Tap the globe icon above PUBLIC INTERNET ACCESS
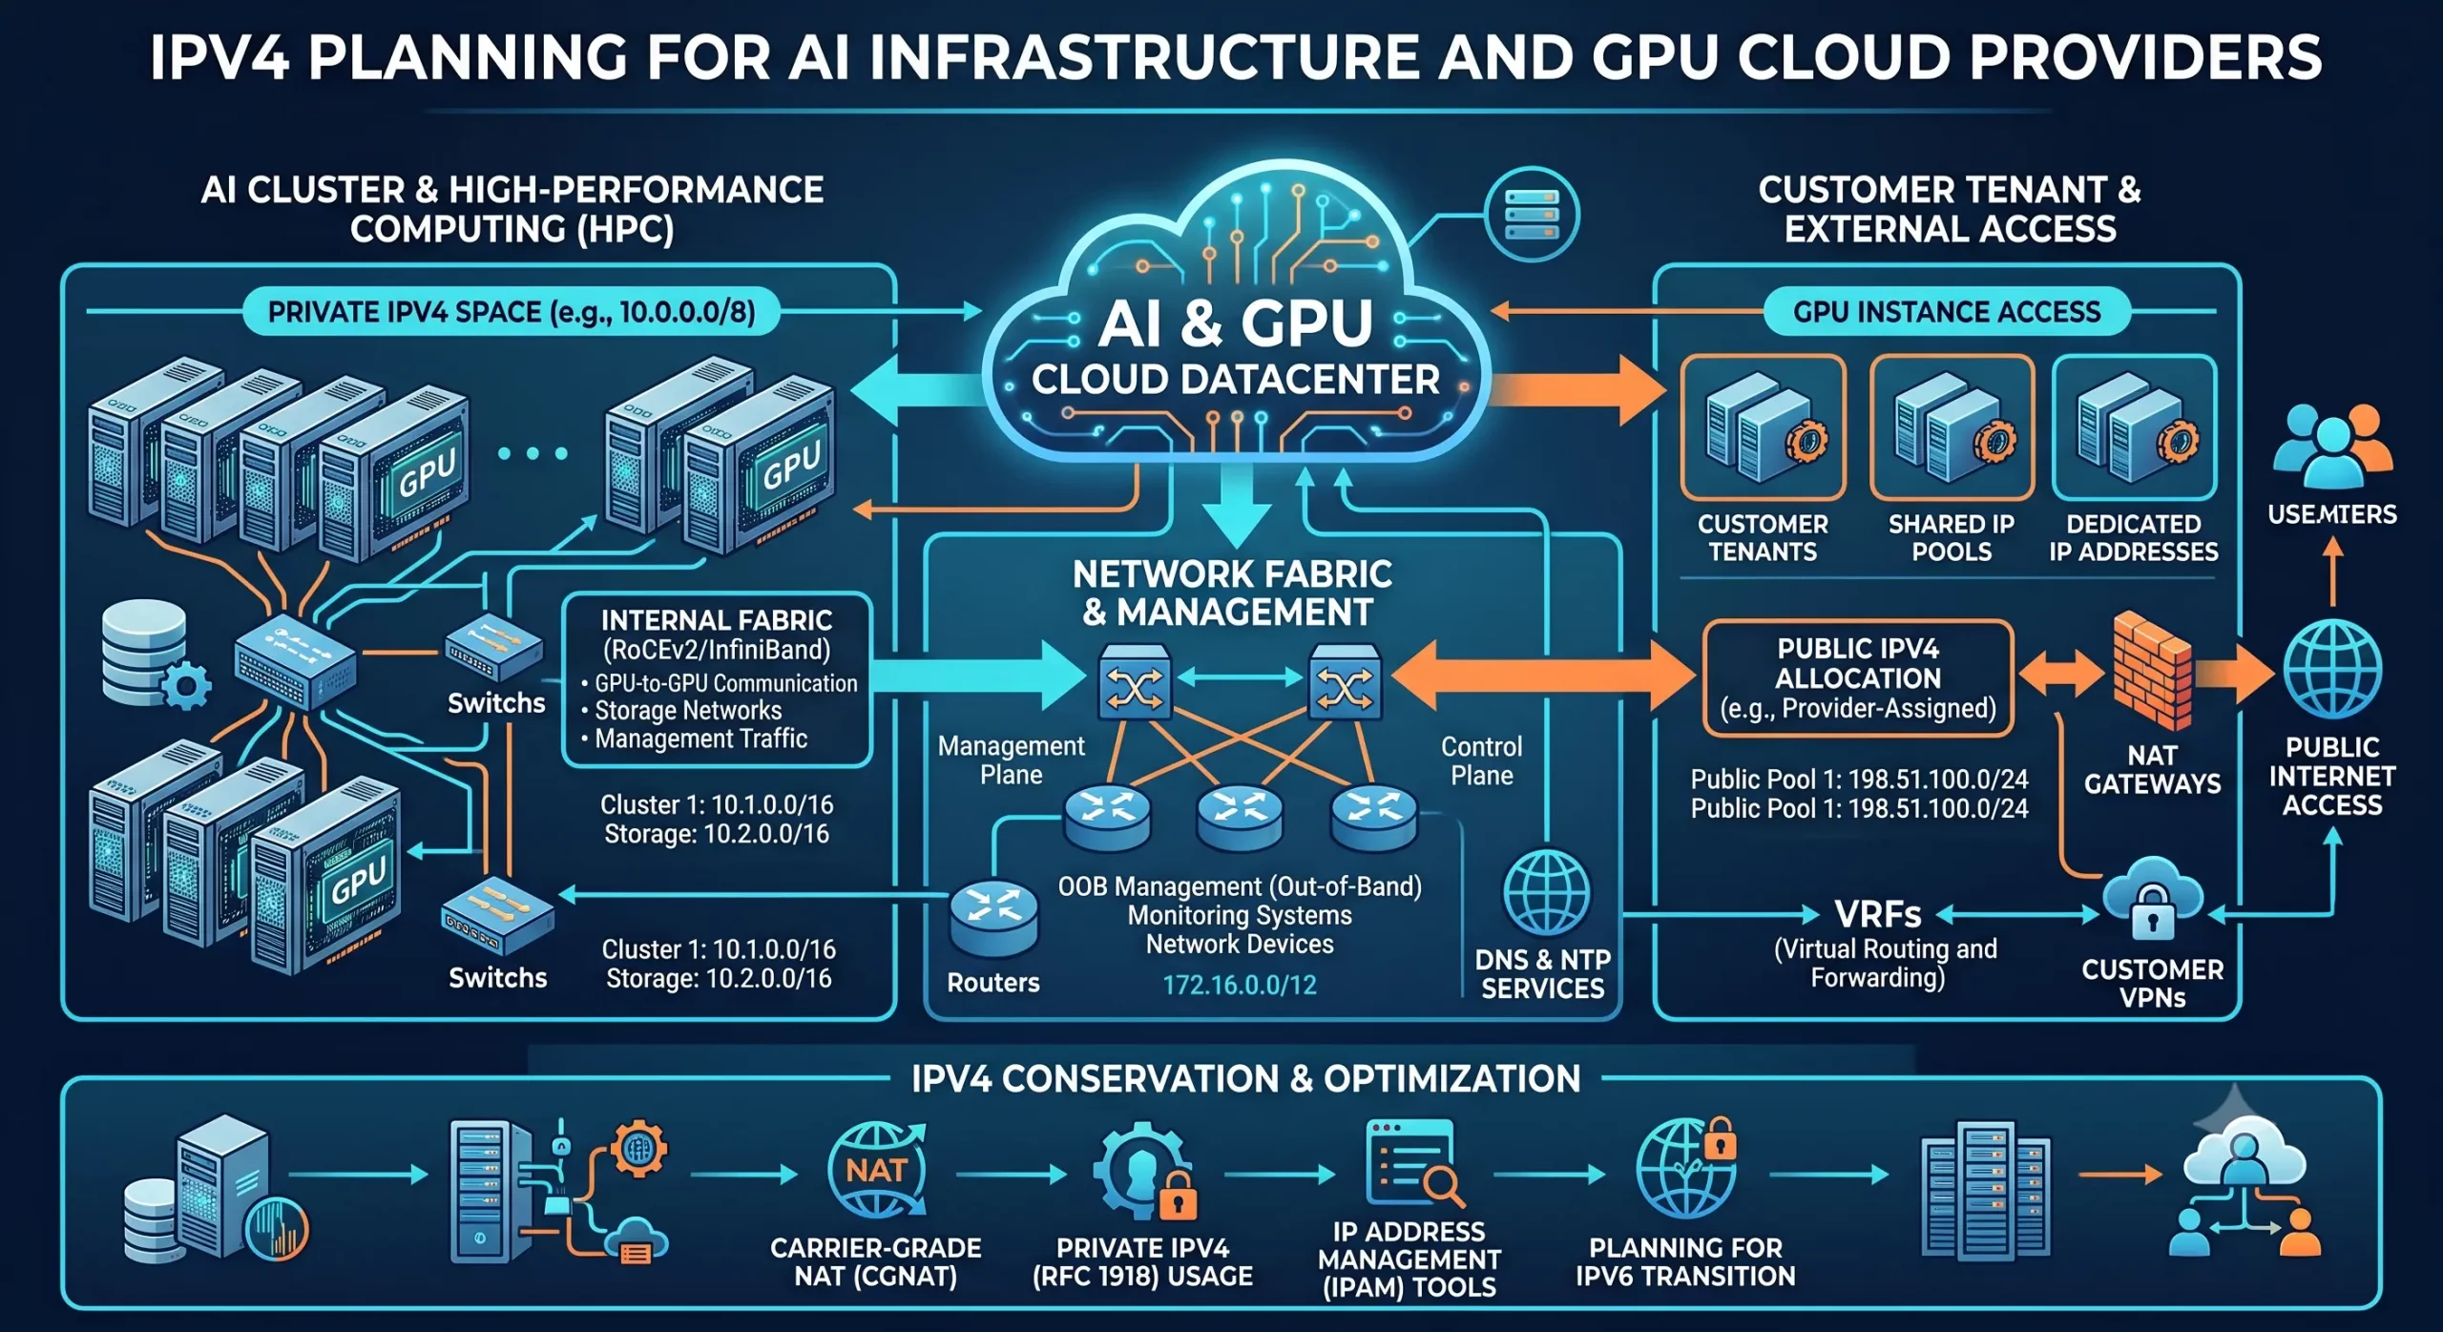[x=2331, y=669]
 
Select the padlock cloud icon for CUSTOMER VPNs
[x=2153, y=900]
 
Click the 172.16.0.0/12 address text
[x=1239, y=985]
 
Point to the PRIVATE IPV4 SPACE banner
[x=512, y=312]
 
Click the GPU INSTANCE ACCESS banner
[x=1947, y=312]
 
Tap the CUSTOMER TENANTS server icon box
[x=1763, y=427]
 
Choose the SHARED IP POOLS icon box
[x=1952, y=427]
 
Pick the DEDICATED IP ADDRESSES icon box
[x=2134, y=427]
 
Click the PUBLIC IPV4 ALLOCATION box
[x=1858, y=678]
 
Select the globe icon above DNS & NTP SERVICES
[x=1546, y=893]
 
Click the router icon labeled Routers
[x=993, y=918]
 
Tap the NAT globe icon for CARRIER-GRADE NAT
[x=876, y=1171]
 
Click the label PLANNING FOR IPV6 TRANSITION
[x=1685, y=1261]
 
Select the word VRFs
[x=1877, y=915]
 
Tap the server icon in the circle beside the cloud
[x=1532, y=215]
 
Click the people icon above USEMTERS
[x=2332, y=447]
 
